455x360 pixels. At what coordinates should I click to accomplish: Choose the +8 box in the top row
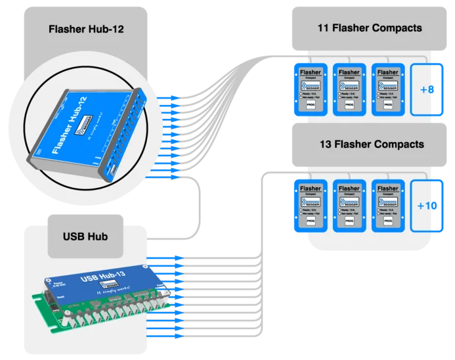pos(427,89)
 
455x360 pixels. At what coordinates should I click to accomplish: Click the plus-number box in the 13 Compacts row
pos(427,206)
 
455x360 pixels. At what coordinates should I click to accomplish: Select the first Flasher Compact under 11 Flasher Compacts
pos(311,89)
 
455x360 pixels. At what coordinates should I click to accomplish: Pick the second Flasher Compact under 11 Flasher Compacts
pos(349,89)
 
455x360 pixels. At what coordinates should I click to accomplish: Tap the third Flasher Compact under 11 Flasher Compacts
pos(387,89)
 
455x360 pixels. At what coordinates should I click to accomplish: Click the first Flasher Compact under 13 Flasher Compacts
pos(311,206)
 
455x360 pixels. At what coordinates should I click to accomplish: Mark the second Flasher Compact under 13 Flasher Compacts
pos(349,206)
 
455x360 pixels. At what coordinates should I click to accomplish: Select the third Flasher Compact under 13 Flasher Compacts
pos(387,206)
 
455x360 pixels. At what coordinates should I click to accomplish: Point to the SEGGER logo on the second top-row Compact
pos(349,86)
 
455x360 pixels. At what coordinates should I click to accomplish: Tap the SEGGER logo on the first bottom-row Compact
pos(311,202)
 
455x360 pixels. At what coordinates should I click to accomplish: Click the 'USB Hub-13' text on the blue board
pos(102,274)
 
